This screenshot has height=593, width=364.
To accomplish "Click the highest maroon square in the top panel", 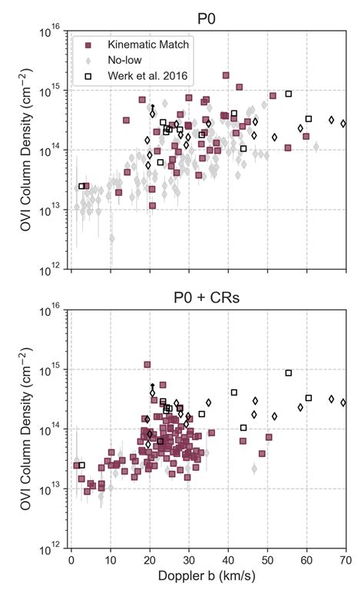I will tap(226, 75).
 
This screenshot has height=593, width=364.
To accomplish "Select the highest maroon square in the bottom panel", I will tap(147, 365).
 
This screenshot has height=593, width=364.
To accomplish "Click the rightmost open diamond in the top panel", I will tap(343, 123).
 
